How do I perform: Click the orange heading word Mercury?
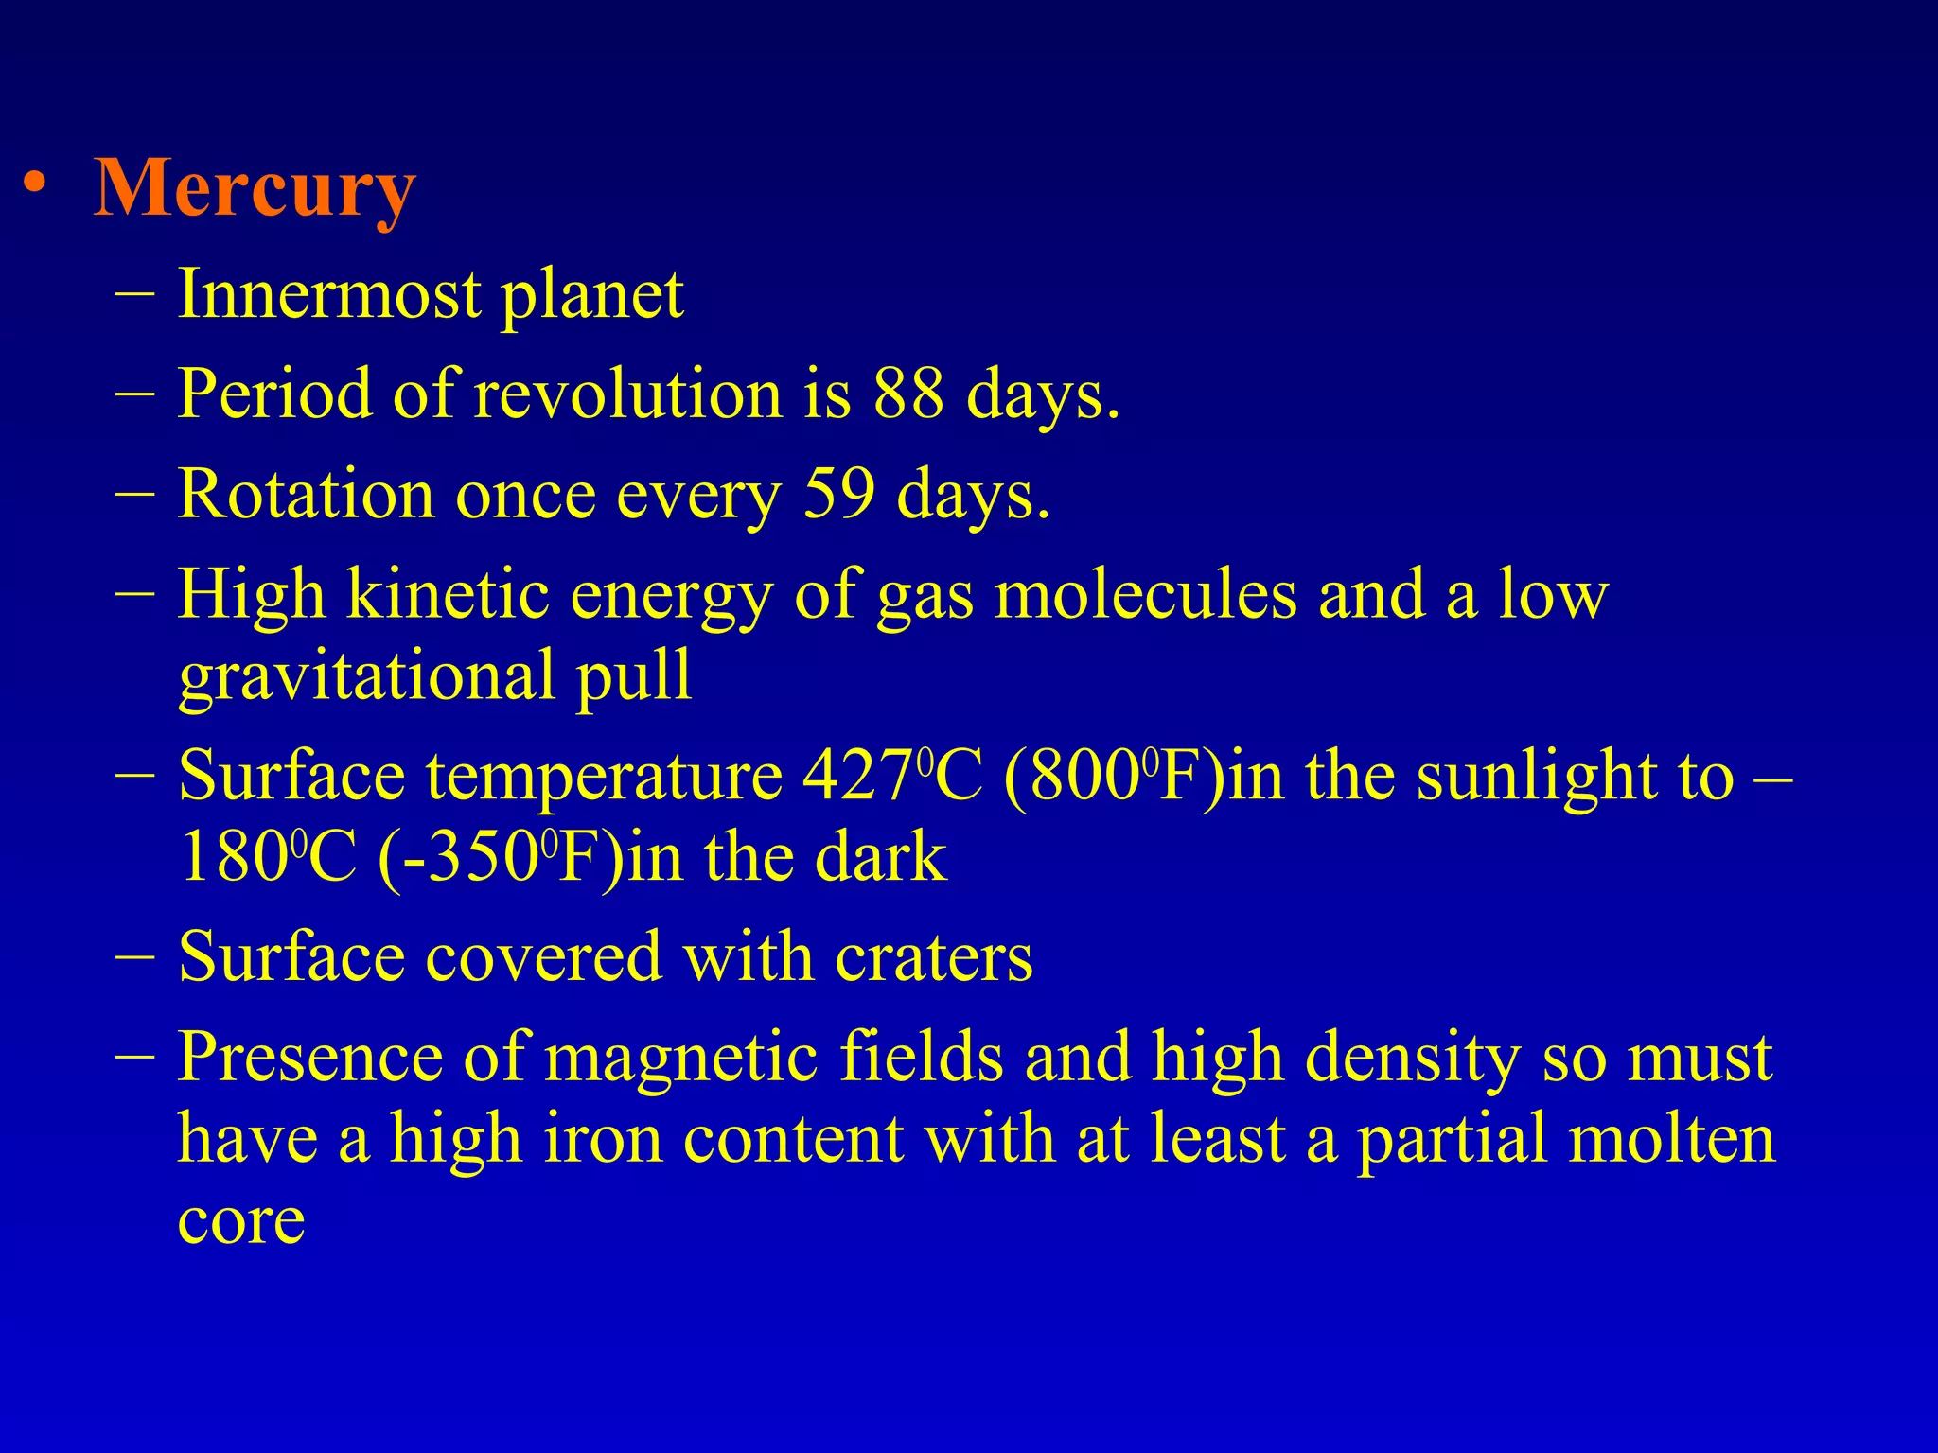click(255, 189)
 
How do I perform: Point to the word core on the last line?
click(241, 1220)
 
